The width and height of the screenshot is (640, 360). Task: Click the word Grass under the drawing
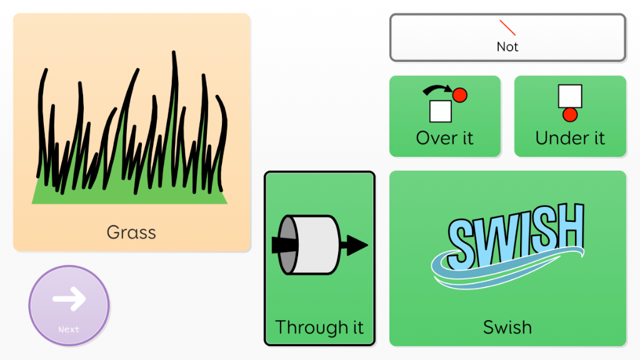click(131, 232)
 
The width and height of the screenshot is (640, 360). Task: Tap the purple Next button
click(69, 306)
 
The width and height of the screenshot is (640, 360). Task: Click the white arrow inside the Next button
click(69, 299)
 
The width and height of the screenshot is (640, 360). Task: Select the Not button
click(507, 37)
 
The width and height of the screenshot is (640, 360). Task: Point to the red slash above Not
click(507, 27)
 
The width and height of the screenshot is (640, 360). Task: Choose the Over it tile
click(445, 116)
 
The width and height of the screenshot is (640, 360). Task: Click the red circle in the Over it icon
click(460, 95)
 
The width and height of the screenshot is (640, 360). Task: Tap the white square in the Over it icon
click(441, 111)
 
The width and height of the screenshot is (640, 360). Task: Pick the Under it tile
click(570, 116)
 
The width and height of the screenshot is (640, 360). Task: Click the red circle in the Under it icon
click(570, 114)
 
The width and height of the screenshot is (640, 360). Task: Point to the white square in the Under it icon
click(570, 96)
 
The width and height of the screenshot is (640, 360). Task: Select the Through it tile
click(319, 258)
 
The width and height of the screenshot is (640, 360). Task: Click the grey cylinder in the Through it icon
click(309, 245)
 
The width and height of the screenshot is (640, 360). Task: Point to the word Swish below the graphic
click(507, 327)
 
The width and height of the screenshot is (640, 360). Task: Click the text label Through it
click(319, 327)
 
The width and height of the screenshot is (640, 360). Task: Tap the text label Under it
click(570, 138)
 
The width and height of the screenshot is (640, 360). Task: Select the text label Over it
click(445, 138)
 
